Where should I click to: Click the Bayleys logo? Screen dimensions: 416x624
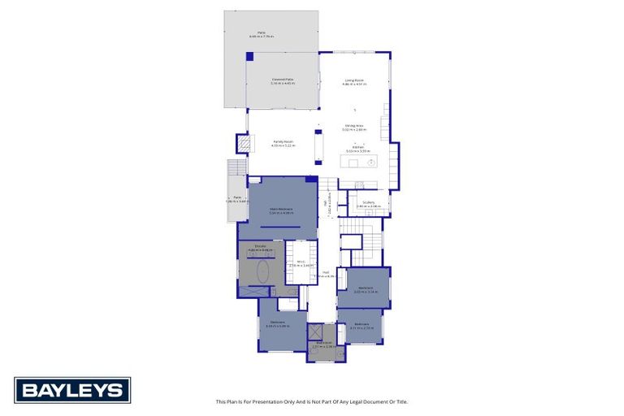72,390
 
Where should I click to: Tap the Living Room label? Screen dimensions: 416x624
353,80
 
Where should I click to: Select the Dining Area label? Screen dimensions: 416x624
353,126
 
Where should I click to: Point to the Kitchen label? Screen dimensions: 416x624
357,148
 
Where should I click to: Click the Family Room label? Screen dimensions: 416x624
283,142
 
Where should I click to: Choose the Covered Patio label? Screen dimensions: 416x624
282,80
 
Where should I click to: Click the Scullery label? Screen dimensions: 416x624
368,203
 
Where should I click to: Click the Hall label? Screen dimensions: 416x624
326,273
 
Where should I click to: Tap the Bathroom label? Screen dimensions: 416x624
324,343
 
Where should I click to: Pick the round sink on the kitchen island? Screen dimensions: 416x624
371,162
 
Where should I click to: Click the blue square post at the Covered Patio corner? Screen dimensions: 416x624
249,55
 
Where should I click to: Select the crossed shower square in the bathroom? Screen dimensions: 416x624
316,332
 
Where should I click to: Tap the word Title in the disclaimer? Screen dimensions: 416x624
401,401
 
